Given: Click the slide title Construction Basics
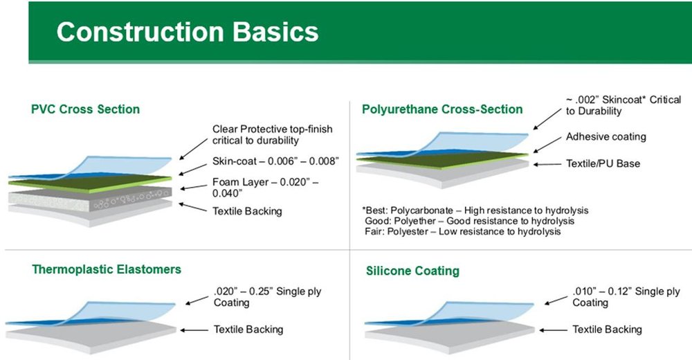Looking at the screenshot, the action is coord(187,32).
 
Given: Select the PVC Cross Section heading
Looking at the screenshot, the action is coord(85,109).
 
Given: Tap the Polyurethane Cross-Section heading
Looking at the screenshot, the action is coord(442,109).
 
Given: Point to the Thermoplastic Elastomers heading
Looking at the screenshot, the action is coord(107,269).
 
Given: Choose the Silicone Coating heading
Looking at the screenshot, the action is coord(412,271).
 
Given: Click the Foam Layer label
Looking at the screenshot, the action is coord(265,188).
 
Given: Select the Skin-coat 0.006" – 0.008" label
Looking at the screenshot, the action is coord(275,161).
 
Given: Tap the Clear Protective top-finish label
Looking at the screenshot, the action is coord(272,135).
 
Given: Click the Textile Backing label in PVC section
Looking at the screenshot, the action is coord(247,211).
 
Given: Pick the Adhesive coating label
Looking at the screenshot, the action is coord(606,137).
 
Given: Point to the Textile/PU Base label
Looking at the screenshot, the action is coord(603,163).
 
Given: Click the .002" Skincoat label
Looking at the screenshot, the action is coord(623,105).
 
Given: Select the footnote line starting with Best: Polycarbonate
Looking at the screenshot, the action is coord(475,210).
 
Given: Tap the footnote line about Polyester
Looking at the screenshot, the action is coord(463,231).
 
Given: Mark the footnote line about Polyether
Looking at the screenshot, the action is coord(470,221).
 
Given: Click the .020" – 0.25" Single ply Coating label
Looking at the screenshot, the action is coord(267,297).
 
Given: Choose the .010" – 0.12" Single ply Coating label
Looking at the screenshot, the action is coord(626,297).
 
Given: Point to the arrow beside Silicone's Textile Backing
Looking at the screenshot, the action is coord(553,330).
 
